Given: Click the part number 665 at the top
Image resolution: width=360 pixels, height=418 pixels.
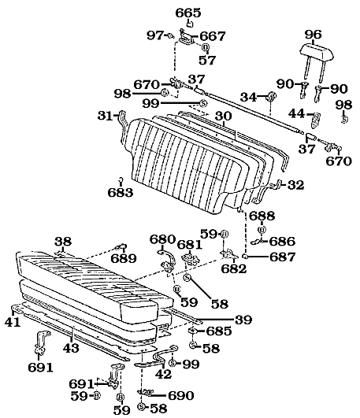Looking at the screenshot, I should click(187, 13).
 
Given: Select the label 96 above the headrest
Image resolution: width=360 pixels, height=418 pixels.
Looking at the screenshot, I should click(314, 34).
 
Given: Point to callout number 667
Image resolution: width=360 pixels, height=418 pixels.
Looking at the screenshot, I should click(213, 36).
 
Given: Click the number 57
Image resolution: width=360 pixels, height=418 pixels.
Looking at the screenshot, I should click(206, 59).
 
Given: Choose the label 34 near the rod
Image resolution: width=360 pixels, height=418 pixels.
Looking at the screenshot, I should click(247, 98).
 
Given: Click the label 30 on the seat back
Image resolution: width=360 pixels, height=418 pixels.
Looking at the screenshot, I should click(224, 115).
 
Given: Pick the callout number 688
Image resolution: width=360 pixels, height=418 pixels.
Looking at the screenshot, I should click(262, 216).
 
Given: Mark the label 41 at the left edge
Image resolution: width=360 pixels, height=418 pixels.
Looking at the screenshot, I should click(11, 322).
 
